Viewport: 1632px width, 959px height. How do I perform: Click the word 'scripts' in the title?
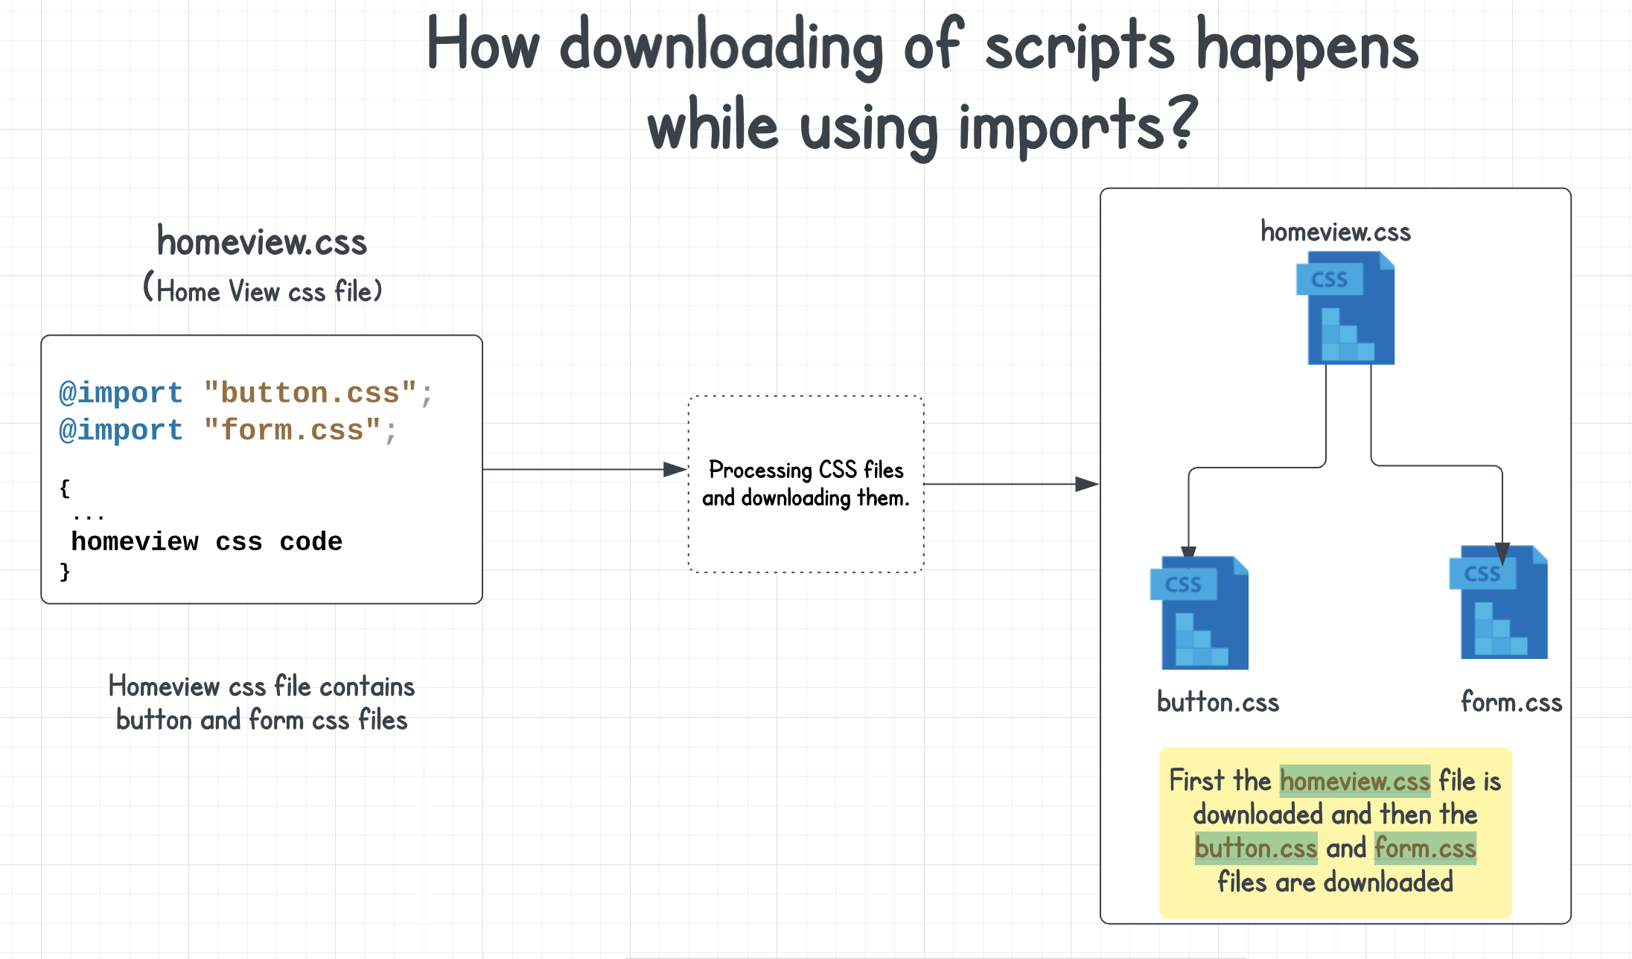1079,46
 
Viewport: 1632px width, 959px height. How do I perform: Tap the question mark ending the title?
1182,123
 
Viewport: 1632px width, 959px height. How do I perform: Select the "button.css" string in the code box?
310,392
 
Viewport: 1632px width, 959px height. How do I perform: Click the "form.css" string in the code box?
292,430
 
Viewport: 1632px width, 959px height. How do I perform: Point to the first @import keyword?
121,392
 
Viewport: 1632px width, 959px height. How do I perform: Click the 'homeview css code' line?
206,541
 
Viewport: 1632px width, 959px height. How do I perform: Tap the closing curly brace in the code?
65,572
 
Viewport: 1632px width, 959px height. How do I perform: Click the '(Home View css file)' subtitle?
262,290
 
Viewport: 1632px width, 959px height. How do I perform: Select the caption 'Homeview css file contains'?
261,686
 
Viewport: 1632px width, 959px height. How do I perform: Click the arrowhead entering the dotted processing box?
675,469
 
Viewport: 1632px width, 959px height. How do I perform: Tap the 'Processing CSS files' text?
806,470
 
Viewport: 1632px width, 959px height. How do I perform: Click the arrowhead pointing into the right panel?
1087,484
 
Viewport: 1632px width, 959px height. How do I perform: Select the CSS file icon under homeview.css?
1345,308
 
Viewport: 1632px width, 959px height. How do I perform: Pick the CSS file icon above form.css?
1499,602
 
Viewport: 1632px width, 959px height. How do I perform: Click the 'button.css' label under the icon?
1217,702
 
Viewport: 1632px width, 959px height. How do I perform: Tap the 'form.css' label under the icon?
1511,702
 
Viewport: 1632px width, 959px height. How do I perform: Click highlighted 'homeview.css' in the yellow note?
1354,780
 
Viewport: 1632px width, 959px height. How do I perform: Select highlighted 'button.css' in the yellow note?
1255,848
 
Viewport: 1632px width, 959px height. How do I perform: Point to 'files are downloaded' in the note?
1335,882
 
